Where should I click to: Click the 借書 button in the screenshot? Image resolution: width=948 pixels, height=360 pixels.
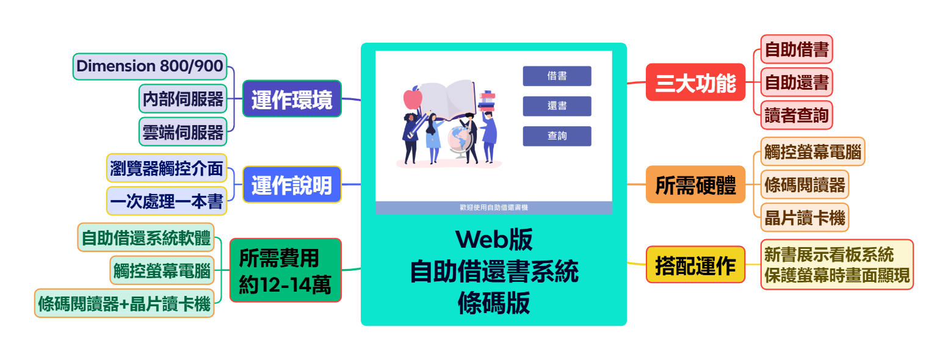[557, 76]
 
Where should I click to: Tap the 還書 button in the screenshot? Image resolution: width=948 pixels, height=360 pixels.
[557, 106]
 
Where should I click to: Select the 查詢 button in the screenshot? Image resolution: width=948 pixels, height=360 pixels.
[557, 136]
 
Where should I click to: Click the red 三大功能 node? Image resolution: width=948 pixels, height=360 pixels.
[695, 82]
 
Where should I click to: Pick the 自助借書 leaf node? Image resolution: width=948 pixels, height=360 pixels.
[796, 49]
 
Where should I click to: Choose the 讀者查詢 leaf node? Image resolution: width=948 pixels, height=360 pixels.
[796, 115]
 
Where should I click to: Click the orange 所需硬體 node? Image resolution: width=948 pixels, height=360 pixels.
[695, 184]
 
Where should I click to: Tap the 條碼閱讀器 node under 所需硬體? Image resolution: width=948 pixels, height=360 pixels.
[805, 184]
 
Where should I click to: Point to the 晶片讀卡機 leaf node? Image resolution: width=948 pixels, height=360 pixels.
[805, 217]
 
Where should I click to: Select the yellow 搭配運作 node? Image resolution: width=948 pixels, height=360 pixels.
[695, 265]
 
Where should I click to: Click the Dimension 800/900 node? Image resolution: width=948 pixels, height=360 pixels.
[150, 66]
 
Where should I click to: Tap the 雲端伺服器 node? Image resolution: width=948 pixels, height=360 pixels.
[183, 132]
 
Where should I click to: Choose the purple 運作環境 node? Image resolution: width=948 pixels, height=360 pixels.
[292, 99]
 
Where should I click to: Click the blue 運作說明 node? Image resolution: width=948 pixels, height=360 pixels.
[292, 184]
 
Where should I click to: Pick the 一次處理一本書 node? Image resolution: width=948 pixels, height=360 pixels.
[167, 201]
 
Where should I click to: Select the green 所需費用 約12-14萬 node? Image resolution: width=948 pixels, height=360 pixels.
[285, 270]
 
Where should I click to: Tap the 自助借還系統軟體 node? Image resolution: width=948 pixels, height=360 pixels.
[146, 237]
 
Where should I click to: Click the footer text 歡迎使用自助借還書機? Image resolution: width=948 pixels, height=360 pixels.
[493, 207]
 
